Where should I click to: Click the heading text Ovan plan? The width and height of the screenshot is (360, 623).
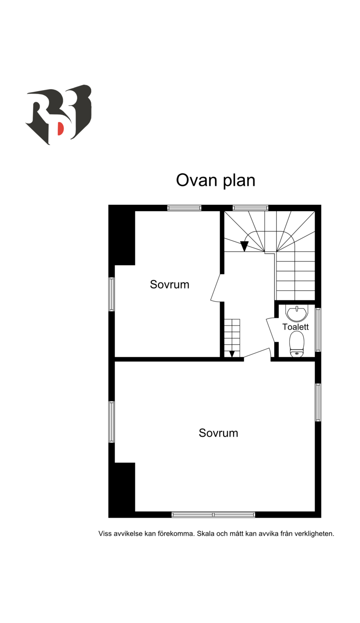216,181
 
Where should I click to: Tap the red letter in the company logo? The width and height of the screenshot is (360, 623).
61,129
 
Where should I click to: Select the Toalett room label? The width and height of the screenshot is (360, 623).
295,327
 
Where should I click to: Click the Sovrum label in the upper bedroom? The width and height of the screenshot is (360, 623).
170,285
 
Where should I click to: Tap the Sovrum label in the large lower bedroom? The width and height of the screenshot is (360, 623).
218,433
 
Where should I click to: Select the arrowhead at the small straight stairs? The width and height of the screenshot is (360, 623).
232,354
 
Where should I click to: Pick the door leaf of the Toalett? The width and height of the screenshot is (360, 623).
271,330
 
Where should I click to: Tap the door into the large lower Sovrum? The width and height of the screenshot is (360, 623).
256,353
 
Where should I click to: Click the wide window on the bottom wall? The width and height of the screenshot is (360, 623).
213,515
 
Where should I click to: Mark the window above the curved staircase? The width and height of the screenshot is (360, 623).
250,208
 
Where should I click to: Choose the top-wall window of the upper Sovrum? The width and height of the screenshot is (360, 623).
184,208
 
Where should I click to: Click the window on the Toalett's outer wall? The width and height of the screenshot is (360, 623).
318,330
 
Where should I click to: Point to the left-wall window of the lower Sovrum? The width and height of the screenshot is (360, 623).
112,422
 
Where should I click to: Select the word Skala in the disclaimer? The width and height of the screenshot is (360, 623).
206,534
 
